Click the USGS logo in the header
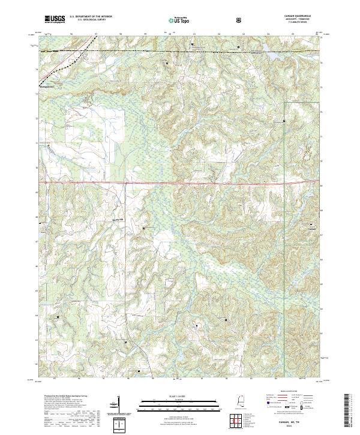click(x=55, y=20)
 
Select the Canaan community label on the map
click(x=311, y=229)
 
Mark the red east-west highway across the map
click(x=180, y=182)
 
